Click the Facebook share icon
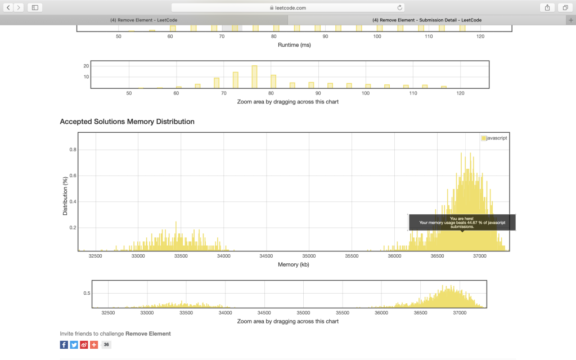tap(64, 345)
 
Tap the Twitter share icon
tap(74, 345)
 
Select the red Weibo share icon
tap(84, 345)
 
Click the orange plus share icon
tap(93, 345)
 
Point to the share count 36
tap(106, 345)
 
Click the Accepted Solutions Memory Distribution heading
tap(127, 121)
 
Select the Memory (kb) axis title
tap(294, 264)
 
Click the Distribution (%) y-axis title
tap(65, 195)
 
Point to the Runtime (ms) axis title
tap(294, 45)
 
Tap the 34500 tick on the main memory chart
tap(267, 256)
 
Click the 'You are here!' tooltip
tap(462, 222)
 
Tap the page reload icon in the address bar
tap(400, 8)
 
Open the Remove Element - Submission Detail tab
tap(427, 20)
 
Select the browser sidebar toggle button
tap(35, 7)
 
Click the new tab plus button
tap(571, 20)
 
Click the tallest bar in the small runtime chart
tap(254, 77)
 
